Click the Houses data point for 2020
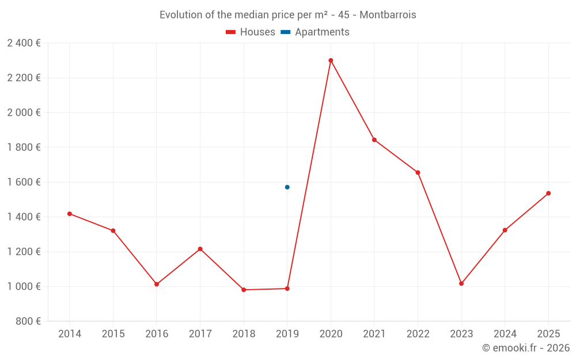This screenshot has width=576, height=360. pos(331,60)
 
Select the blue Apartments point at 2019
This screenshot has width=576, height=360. pos(287,187)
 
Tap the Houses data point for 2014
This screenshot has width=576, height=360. pos(70,214)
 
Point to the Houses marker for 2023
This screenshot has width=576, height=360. pos(461,283)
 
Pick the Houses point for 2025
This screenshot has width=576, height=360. pos(548,194)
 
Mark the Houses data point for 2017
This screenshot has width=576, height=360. pos(200,249)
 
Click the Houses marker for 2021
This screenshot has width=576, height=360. pos(374,140)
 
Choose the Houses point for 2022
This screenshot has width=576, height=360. pos(418,173)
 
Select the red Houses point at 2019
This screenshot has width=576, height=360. pos(287,289)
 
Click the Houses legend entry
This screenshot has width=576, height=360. pos(251,32)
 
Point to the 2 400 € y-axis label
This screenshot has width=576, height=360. pos(24,43)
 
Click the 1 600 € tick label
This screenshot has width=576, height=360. pos(24,182)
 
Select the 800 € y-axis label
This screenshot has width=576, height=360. pos(28,321)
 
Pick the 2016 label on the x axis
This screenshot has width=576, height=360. pos(157,334)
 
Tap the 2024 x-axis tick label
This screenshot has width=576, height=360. pos(505,334)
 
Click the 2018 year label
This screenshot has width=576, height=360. pos(244,334)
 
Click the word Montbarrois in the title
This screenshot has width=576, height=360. pos(388,15)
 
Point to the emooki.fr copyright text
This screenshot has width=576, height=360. pos(525,348)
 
